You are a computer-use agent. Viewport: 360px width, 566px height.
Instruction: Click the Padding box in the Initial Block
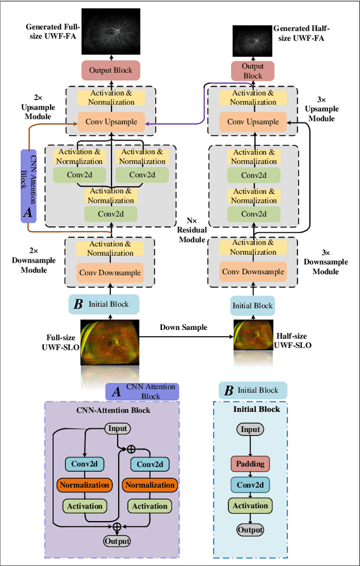250,463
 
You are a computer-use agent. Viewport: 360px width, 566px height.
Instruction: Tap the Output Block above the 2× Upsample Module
111,70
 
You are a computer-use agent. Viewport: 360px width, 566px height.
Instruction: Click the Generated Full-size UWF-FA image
111,31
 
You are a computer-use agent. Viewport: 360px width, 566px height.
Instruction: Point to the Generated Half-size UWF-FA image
253,41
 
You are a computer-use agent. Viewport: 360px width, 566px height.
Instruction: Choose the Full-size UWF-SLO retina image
109,343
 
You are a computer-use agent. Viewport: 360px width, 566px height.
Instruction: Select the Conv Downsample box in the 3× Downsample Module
253,272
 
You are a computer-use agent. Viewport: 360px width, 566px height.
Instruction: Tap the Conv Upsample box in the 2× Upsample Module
111,121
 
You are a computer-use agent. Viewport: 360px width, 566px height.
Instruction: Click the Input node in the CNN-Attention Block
118,429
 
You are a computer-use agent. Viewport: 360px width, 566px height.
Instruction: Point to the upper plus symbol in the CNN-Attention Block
131,449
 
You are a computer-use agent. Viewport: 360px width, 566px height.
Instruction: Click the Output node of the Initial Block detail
250,529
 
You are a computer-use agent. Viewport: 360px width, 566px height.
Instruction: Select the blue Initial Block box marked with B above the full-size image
103,304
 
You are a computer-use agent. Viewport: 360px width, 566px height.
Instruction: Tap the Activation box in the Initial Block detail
250,505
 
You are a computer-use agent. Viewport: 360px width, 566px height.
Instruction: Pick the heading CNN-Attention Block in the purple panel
114,410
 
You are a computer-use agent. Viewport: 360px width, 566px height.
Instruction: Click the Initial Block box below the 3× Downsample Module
253,305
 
